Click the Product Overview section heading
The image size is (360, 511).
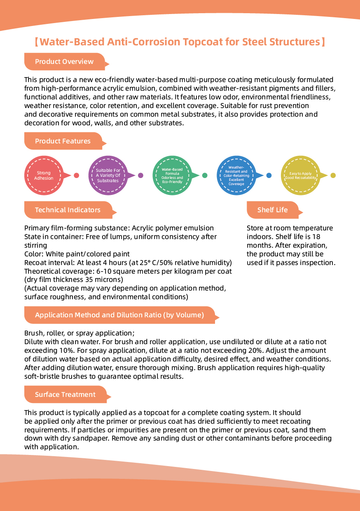point(64,62)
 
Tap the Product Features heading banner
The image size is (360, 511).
point(63,141)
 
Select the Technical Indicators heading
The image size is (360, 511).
point(68,210)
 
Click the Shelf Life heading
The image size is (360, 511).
point(272,210)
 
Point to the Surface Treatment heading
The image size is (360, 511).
point(65,394)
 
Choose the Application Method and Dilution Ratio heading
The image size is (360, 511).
point(119,315)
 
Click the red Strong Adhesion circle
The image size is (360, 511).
point(44,175)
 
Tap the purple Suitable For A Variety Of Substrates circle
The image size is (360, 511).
point(108,175)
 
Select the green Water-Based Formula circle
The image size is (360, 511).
point(172,175)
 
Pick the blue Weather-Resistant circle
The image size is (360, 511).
point(236,175)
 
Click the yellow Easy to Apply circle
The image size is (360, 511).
point(301,175)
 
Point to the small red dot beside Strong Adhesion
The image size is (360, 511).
point(76,175)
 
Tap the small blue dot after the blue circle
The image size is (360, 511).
point(269,175)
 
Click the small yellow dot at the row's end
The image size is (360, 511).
point(333,175)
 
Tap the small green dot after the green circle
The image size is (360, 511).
point(205,175)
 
